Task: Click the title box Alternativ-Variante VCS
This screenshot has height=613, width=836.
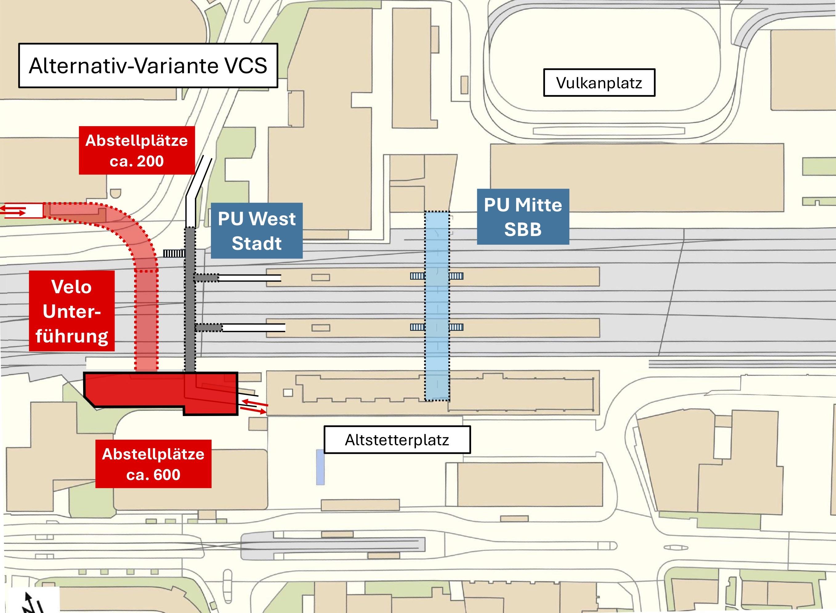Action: (x=148, y=66)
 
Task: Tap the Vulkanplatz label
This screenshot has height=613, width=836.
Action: (x=599, y=83)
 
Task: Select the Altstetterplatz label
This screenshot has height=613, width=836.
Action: (x=397, y=440)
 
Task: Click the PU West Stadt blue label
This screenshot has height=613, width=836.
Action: (x=256, y=230)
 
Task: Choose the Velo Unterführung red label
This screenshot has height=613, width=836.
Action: (x=72, y=311)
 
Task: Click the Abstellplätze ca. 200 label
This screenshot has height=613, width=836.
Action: (x=137, y=150)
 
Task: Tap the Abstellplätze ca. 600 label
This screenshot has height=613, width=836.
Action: (x=153, y=464)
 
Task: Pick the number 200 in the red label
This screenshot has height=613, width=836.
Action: (x=150, y=161)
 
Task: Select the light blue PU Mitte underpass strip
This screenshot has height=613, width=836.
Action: (x=437, y=306)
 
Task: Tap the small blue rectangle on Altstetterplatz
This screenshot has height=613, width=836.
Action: (x=320, y=467)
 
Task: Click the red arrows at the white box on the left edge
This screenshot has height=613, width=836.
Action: (x=13, y=210)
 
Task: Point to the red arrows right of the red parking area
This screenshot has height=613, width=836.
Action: (x=254, y=406)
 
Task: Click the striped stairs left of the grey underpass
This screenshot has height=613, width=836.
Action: (x=174, y=254)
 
